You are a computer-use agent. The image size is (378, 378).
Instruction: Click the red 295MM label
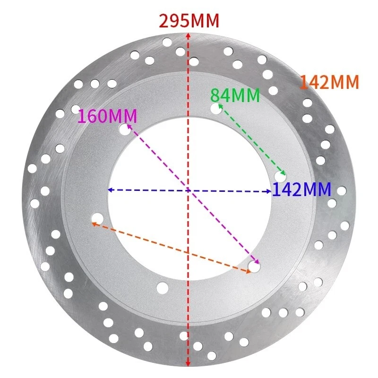coord(189,21)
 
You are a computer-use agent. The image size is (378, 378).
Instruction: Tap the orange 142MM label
coord(329,82)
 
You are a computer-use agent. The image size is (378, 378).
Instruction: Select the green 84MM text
coord(235,95)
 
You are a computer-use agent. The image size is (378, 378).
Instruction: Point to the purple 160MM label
coord(107,116)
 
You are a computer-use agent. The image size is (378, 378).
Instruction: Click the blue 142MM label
coord(301,189)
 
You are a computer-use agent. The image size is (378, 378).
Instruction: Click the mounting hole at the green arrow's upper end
coord(216,109)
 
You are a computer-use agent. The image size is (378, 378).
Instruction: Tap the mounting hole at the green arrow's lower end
coord(280,177)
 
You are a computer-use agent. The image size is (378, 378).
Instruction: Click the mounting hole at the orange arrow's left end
coord(98,218)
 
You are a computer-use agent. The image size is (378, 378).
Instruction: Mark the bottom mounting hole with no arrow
coord(163,287)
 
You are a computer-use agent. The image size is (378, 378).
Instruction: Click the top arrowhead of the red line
coord(189,36)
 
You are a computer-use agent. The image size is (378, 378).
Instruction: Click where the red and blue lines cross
coord(189,190)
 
